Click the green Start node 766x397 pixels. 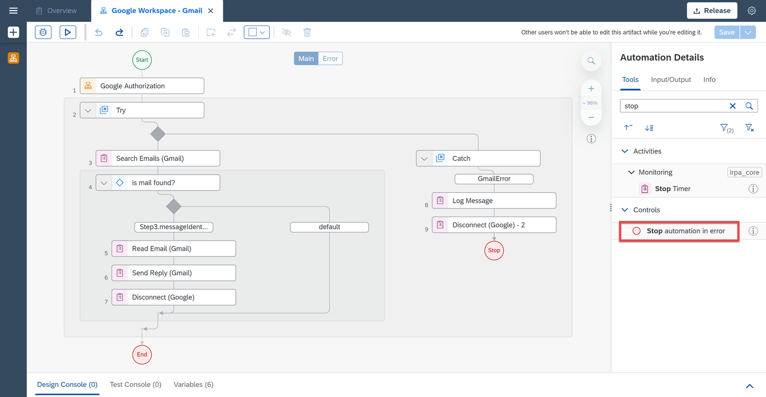coord(142,60)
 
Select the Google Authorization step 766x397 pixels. coord(142,86)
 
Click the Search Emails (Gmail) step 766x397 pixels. coord(157,159)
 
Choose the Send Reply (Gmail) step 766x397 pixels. coord(174,273)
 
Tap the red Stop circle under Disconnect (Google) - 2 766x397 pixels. coord(494,251)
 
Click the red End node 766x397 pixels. coord(142,354)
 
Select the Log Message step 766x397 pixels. coord(494,201)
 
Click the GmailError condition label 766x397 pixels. coord(494,179)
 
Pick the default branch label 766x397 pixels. coord(329,227)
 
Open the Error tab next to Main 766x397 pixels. coord(330,59)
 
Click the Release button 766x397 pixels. coord(712,11)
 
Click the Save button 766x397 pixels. coord(727,32)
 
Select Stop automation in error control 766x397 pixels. coord(679,231)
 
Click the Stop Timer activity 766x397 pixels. coord(672,188)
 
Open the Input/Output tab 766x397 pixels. coord(671,79)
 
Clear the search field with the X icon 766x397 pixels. coord(732,106)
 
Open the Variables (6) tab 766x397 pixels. coord(193,384)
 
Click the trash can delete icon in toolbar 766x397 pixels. coord(307,32)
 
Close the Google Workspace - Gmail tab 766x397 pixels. coord(211,11)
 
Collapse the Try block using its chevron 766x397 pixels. coord(88,110)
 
